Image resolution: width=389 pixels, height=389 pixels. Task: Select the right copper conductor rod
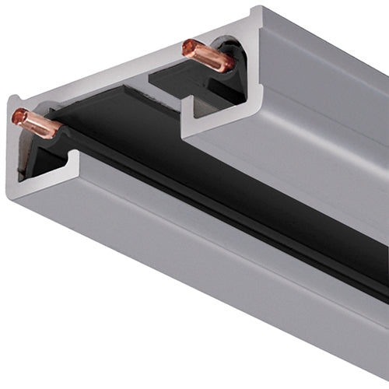point(205,55)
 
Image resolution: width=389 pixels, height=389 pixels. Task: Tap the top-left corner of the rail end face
point(11,100)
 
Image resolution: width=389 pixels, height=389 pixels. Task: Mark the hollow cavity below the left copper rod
point(39,156)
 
